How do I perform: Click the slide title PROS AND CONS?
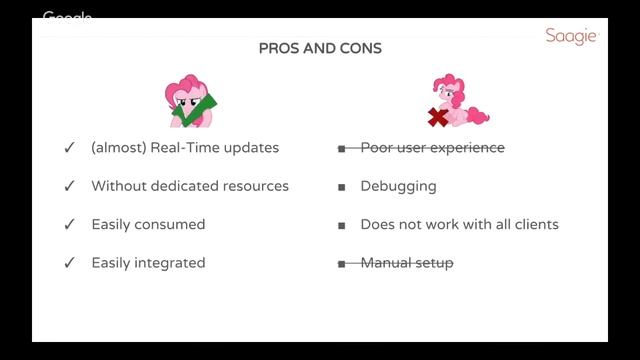[x=319, y=48]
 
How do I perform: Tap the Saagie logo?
[x=571, y=36]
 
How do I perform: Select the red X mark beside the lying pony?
[x=437, y=118]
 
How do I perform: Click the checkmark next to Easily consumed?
[x=70, y=225]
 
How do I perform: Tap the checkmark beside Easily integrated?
[x=70, y=263]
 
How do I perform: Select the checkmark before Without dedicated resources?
[x=70, y=186]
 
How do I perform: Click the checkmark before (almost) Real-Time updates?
[x=70, y=148]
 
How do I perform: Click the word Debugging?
[x=398, y=187]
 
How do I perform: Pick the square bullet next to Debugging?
[x=341, y=187]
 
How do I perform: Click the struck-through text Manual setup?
[x=406, y=263]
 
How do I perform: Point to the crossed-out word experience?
[x=467, y=148]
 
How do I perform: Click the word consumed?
[x=171, y=225]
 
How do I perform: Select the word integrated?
[x=171, y=263]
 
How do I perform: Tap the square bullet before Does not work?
[x=341, y=225]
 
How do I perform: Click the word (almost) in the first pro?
[x=112, y=148]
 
